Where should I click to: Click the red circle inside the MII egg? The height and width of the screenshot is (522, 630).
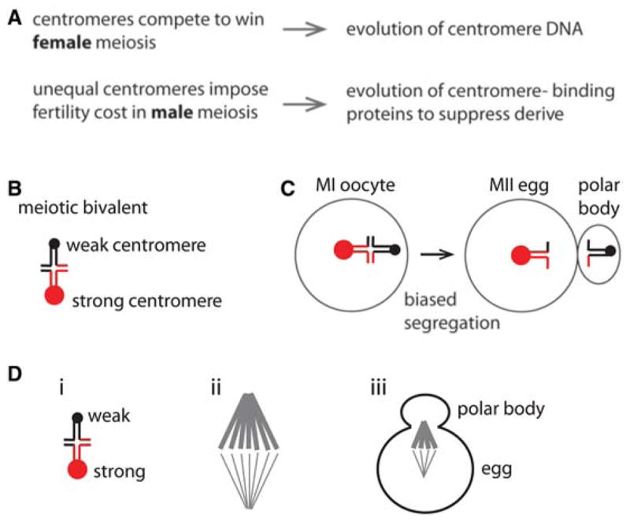[x=521, y=254]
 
